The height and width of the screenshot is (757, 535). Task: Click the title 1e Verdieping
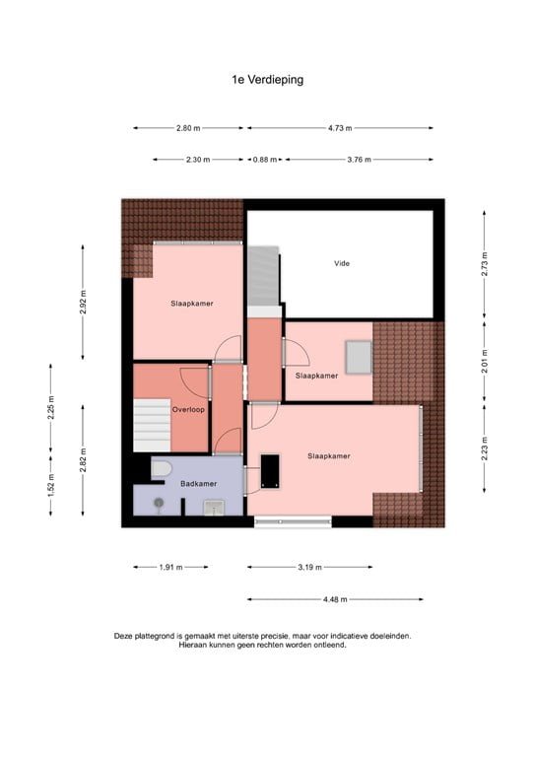pyautogui.click(x=267, y=80)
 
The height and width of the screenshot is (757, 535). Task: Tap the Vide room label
pyautogui.click(x=342, y=263)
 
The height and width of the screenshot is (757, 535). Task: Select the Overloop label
pyautogui.click(x=188, y=409)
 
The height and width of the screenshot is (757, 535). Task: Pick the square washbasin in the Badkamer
pyautogui.click(x=214, y=507)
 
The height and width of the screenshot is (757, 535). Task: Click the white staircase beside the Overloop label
pyautogui.click(x=153, y=422)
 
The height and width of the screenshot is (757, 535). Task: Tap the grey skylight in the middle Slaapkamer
pyautogui.click(x=357, y=356)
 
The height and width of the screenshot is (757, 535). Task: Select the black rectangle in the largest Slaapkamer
pyautogui.click(x=270, y=469)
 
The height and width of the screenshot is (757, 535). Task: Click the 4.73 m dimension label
pyautogui.click(x=340, y=128)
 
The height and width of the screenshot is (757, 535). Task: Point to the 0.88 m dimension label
pyautogui.click(x=264, y=160)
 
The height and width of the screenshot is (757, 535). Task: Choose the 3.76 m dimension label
pyautogui.click(x=359, y=160)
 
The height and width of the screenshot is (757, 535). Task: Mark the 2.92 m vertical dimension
pyautogui.click(x=84, y=299)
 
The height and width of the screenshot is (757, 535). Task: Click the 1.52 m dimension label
pyautogui.click(x=50, y=484)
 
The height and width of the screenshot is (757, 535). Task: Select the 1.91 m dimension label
pyautogui.click(x=171, y=567)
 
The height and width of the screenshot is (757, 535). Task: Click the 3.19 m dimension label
pyautogui.click(x=309, y=567)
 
